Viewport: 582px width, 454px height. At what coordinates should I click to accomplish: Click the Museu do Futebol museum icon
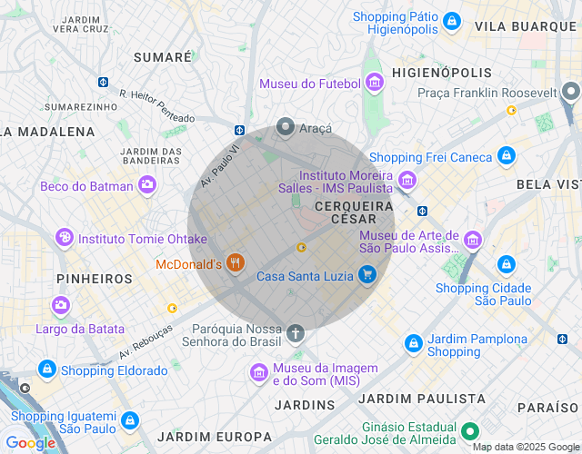click(x=374, y=84)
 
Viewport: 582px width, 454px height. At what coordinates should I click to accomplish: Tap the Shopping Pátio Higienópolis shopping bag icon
click(x=452, y=21)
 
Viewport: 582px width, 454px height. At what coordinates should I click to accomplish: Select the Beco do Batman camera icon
click(x=146, y=186)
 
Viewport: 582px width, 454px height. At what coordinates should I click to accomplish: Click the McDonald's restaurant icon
click(x=236, y=263)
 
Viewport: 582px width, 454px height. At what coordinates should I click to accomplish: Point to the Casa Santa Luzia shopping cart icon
click(x=366, y=274)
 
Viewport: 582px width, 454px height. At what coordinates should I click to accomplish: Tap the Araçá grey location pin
click(x=286, y=128)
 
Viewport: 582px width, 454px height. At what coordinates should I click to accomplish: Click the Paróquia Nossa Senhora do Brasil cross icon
click(x=295, y=333)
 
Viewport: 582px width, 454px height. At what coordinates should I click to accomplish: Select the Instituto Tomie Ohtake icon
click(x=65, y=238)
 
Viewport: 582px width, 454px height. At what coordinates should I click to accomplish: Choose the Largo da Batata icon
click(x=61, y=305)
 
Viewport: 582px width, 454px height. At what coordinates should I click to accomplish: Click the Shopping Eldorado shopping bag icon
click(x=47, y=370)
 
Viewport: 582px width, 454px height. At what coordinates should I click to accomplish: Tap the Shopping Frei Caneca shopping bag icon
click(x=507, y=156)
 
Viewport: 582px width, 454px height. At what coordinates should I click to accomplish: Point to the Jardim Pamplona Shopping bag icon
click(x=414, y=343)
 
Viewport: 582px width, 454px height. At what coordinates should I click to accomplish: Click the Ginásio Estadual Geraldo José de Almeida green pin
click(x=469, y=431)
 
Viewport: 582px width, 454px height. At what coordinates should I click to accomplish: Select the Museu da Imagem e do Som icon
click(x=259, y=372)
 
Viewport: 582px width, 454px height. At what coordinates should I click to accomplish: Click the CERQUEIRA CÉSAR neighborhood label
click(x=354, y=212)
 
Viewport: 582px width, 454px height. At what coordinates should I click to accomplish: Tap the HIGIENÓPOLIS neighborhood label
click(x=441, y=72)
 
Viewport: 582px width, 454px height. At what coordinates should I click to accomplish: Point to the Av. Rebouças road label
click(x=145, y=341)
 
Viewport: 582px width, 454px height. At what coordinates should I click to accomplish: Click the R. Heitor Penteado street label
click(x=157, y=105)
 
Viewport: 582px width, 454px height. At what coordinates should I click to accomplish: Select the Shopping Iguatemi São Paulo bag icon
click(x=130, y=420)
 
